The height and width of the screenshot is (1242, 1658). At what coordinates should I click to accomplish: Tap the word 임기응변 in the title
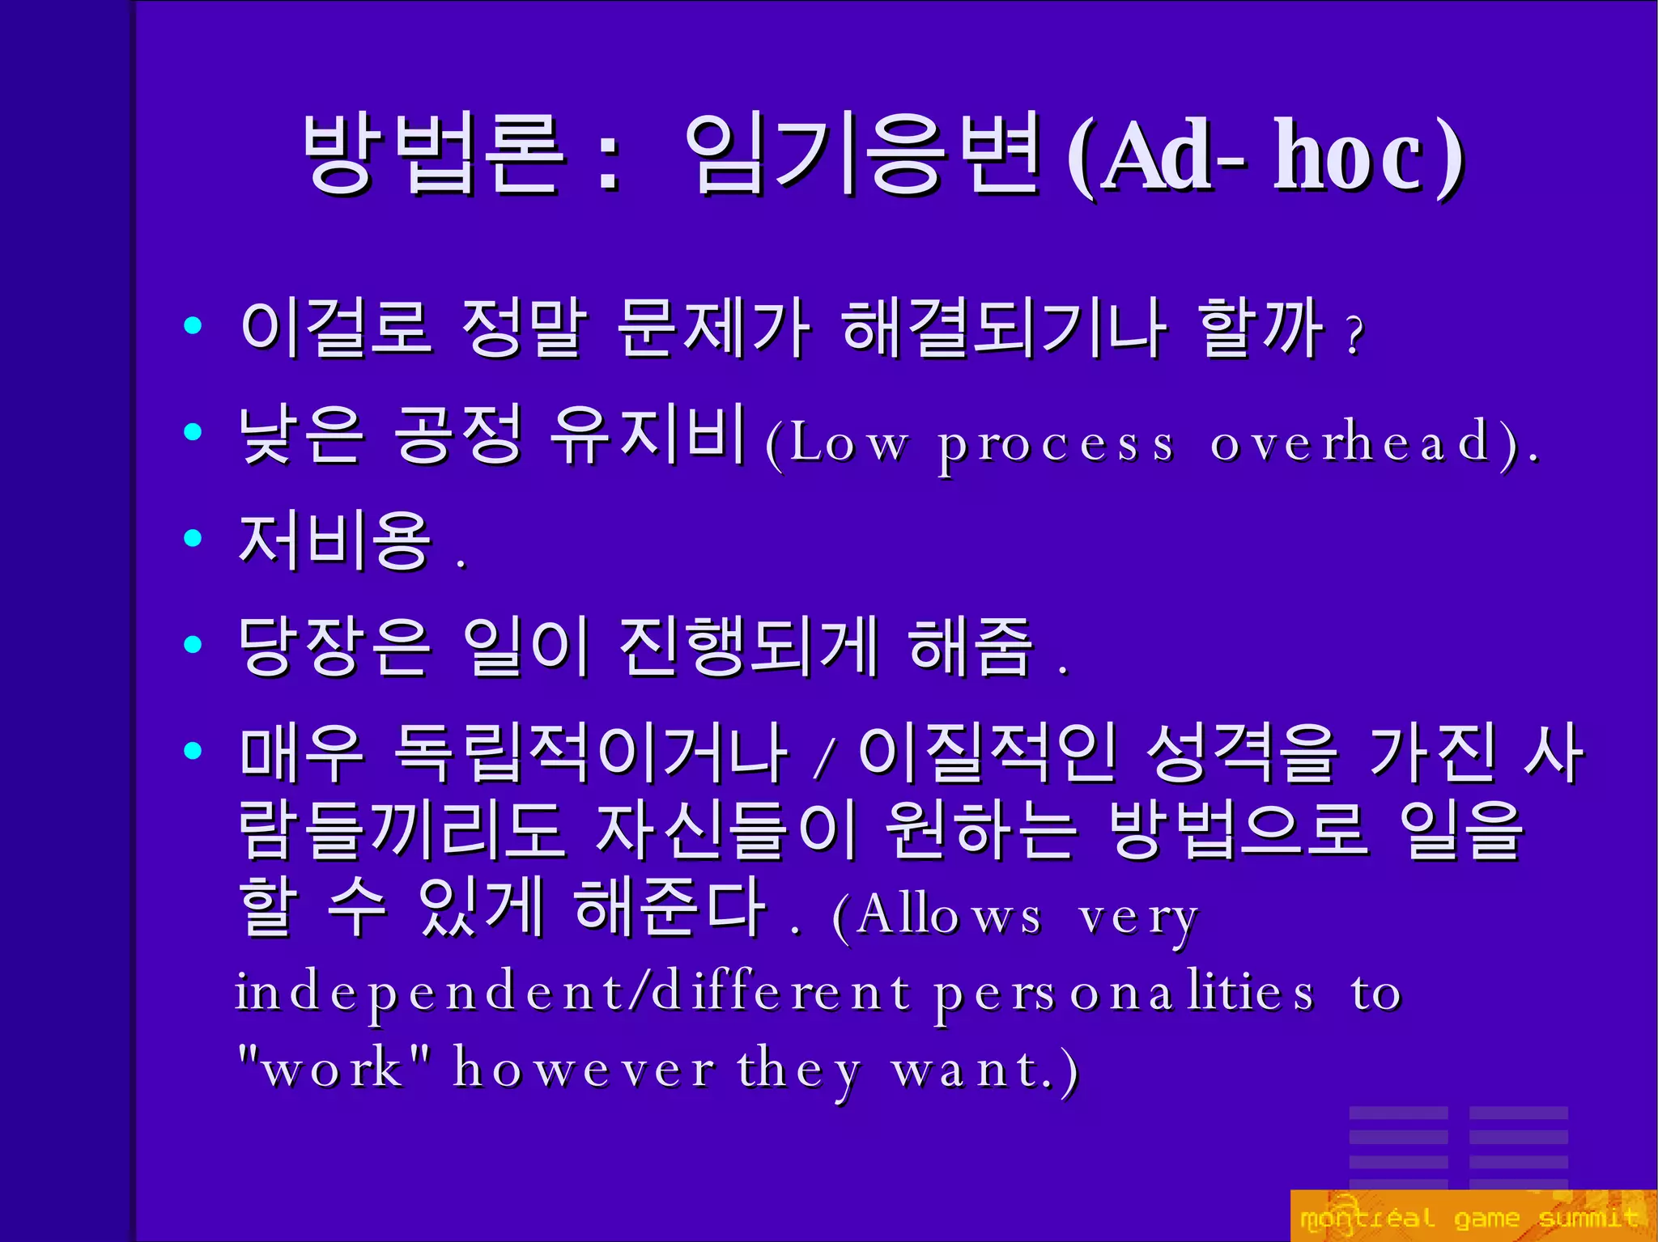pyautogui.click(x=861, y=154)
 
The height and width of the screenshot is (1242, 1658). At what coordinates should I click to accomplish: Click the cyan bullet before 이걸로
pyautogui.click(x=193, y=326)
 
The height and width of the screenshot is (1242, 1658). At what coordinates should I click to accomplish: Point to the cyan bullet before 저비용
pyautogui.click(x=193, y=538)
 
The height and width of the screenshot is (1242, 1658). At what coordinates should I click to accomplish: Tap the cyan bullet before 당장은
pyautogui.click(x=193, y=645)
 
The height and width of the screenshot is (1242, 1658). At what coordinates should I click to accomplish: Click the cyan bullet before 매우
pyautogui.click(x=193, y=751)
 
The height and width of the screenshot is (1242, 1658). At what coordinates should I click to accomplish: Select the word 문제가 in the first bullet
pyautogui.click(x=712, y=328)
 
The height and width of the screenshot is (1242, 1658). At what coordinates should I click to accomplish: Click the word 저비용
pyautogui.click(x=334, y=540)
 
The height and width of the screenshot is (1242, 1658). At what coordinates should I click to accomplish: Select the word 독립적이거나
pyautogui.click(x=591, y=753)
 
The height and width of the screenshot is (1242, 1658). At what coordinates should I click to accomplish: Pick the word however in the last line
pyautogui.click(x=584, y=1068)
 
